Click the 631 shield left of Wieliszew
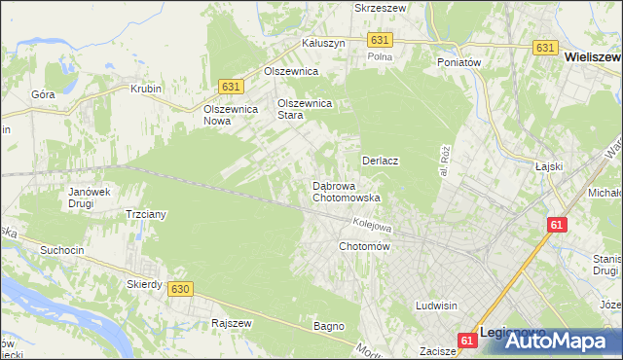coord(545,47)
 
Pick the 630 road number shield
coord(178,289)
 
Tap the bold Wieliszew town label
coord(593,57)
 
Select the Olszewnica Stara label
coord(306,108)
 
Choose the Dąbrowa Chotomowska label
coord(346,192)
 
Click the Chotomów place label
coord(364,247)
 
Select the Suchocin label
coord(61,250)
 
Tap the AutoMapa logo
coord(556,341)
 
